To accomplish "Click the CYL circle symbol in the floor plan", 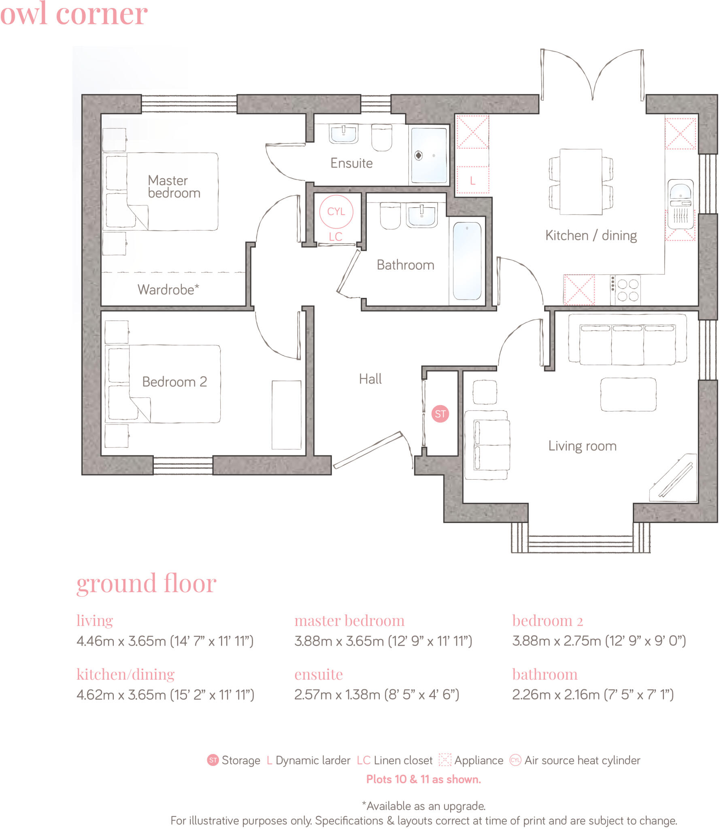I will click(336, 211).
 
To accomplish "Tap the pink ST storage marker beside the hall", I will click(440, 414).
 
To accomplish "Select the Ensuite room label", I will click(351, 163).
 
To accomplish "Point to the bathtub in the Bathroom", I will click(467, 261).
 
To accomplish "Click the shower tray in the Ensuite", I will click(429, 155).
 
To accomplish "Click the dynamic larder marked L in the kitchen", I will click(472, 181).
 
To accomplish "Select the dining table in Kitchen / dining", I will click(581, 181).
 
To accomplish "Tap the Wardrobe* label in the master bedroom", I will click(168, 289).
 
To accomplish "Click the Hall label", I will click(370, 379).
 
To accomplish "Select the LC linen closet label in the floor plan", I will click(335, 237).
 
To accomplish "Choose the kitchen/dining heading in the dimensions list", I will click(126, 674).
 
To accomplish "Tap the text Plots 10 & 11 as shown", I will click(423, 779).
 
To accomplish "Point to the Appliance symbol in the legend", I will click(445, 760).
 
